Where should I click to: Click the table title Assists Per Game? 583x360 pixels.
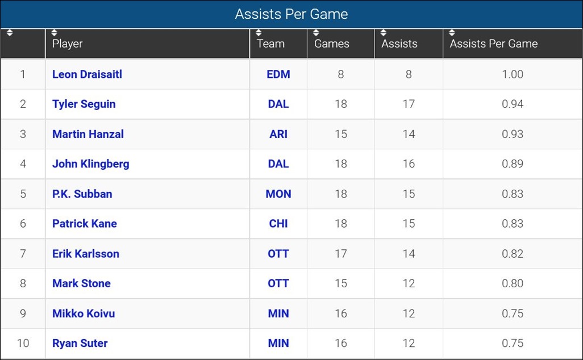[x=291, y=14]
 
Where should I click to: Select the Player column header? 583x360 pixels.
[x=68, y=44]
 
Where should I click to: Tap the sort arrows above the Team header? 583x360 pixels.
[x=259, y=32]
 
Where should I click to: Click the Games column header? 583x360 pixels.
[x=332, y=44]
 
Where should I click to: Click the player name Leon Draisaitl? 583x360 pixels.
[x=87, y=74]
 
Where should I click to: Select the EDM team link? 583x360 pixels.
[x=278, y=74]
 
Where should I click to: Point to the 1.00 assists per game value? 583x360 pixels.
[x=513, y=74]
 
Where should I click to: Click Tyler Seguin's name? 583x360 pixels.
[x=84, y=104]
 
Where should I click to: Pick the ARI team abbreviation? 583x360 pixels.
[x=278, y=134]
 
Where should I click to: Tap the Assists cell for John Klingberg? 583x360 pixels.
[x=409, y=164]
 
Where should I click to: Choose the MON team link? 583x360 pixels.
[x=278, y=194]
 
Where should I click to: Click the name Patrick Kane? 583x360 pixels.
[x=85, y=224]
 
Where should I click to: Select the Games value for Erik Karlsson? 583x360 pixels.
[x=340, y=254]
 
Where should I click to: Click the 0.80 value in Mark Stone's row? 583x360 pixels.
[x=513, y=283]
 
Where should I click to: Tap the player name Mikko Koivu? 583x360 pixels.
[x=84, y=313]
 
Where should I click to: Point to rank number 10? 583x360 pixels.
[x=23, y=343]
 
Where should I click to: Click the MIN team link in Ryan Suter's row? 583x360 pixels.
[x=278, y=343]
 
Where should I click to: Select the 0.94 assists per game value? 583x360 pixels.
[x=513, y=104]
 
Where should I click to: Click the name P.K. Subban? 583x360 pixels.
[x=82, y=194]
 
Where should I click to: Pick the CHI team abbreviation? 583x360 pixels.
[x=278, y=224]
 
